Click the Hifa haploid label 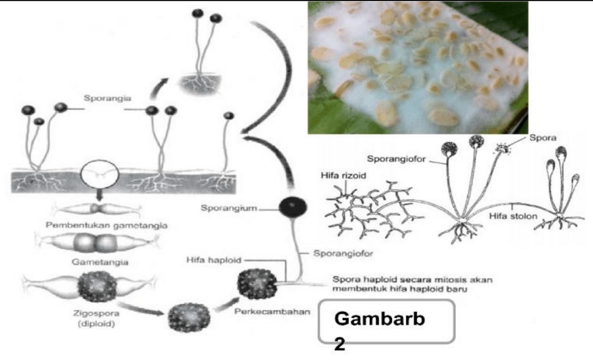click(x=209, y=260)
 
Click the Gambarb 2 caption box click(x=387, y=322)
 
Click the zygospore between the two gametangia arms click(x=97, y=286)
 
